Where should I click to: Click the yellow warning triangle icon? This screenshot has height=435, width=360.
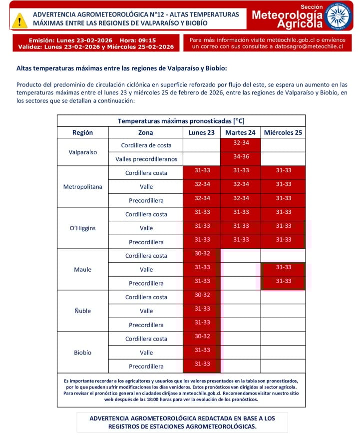(x=19, y=20)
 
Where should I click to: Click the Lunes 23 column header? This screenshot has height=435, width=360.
(x=202, y=133)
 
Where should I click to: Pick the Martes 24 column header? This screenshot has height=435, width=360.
(x=240, y=133)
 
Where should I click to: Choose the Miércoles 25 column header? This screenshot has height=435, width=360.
(x=283, y=133)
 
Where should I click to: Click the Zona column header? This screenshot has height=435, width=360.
(x=146, y=133)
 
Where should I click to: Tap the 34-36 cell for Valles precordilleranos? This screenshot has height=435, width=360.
(x=241, y=157)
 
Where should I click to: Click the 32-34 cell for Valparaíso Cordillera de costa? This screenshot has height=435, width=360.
(x=241, y=143)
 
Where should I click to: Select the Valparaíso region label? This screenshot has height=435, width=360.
(x=83, y=152)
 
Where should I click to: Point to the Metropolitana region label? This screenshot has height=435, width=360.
(x=83, y=187)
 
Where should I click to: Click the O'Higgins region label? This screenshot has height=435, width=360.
(x=83, y=228)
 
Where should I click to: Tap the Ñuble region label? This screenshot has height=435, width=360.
(x=83, y=311)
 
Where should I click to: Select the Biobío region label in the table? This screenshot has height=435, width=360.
(x=83, y=352)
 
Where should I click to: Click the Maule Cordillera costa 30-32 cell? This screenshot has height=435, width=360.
(x=202, y=253)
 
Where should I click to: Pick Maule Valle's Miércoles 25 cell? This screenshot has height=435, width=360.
(x=283, y=268)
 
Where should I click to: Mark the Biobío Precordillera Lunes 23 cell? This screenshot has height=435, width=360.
(x=202, y=364)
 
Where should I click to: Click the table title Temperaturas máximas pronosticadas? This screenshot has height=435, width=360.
(x=181, y=121)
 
